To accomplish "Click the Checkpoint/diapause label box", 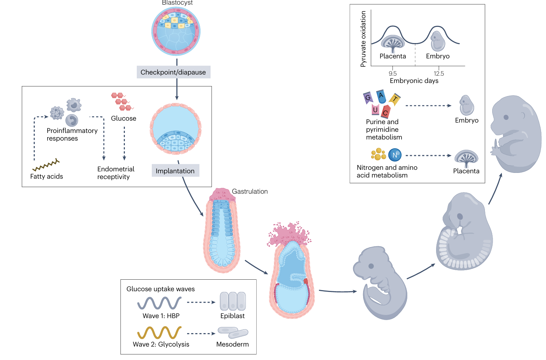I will (173, 72).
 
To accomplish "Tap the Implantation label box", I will (175, 171).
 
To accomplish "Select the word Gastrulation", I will (250, 191).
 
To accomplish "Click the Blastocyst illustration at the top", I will (176, 31).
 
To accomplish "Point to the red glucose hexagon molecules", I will (122, 101).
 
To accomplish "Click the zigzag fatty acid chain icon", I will (46, 165).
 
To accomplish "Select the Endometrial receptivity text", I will (116, 173).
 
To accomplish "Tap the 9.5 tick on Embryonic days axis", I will (392, 73).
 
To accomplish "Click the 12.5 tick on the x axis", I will (438, 73).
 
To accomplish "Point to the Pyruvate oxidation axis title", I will (363, 39).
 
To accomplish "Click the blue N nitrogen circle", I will (395, 155).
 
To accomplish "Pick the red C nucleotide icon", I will (385, 112).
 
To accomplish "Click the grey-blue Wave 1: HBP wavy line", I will (159, 303).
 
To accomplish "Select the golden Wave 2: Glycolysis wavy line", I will (159, 332).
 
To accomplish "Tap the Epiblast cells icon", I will (232, 301).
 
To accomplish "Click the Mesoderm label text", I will (232, 344).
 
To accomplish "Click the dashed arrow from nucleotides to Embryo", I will (428, 106).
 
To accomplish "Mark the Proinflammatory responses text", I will (72, 134).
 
